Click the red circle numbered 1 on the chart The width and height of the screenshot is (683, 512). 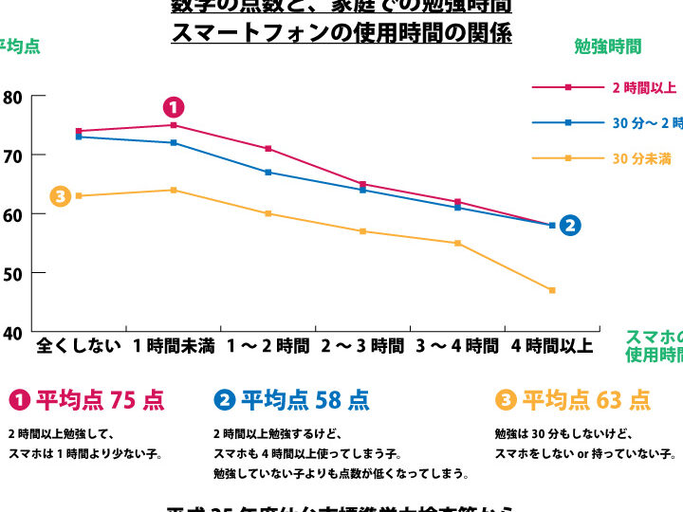click(174, 107)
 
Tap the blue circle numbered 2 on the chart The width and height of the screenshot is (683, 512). click(569, 226)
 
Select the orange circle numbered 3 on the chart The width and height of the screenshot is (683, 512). click(60, 196)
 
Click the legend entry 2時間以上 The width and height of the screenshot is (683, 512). click(643, 88)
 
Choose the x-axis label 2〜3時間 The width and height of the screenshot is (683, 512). click(362, 346)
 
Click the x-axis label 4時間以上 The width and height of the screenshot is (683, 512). click(552, 346)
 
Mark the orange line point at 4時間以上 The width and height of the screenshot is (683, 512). click(552, 290)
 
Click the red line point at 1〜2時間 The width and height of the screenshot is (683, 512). click(268, 149)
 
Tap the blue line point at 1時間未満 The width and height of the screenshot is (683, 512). click(174, 143)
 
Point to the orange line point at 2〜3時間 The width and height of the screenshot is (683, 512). click(362, 231)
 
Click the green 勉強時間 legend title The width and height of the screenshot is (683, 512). click(607, 46)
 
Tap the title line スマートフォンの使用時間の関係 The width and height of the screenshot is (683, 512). click(341, 34)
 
